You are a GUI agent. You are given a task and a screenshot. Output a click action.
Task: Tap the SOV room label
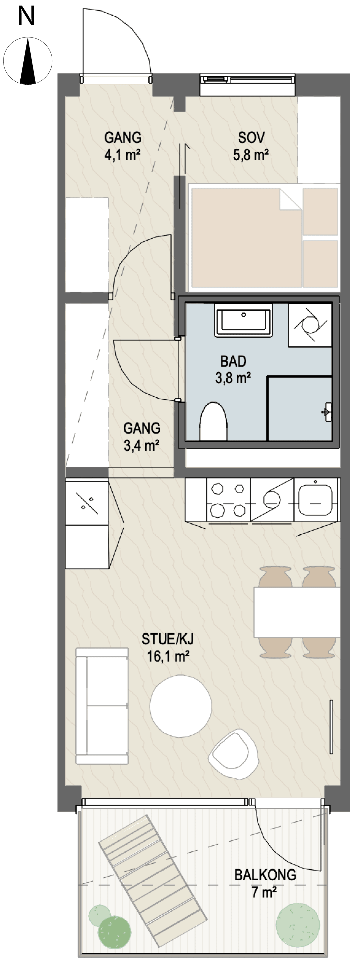click(x=251, y=137)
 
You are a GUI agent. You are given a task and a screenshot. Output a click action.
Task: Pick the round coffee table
click(x=180, y=705)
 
